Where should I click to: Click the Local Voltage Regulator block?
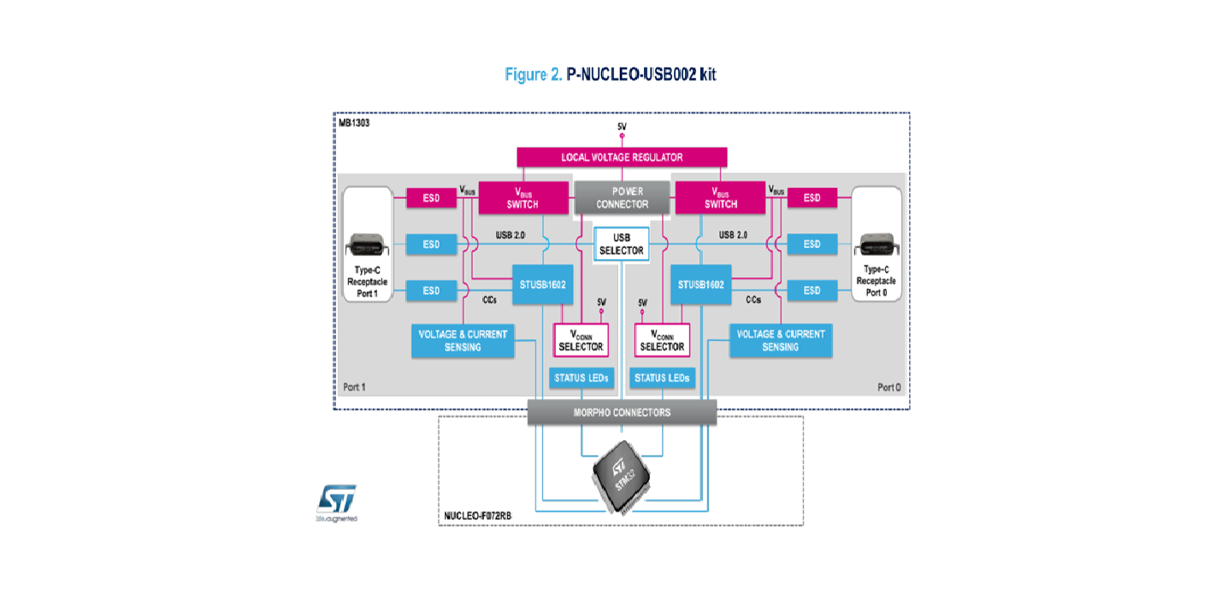point(622,157)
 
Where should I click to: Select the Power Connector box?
point(622,197)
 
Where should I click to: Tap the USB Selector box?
point(621,243)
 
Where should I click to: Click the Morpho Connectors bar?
point(622,413)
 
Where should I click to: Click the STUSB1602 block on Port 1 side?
point(542,285)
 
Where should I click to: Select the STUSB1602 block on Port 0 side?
point(701,285)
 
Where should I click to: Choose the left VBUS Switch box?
point(523,197)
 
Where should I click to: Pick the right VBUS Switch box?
point(720,197)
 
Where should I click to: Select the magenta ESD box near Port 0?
point(812,197)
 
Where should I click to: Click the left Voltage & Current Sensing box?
point(463,340)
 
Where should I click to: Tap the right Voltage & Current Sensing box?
point(780,340)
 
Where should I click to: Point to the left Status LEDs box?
point(581,378)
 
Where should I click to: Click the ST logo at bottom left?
point(336,500)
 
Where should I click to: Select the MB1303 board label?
point(354,123)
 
